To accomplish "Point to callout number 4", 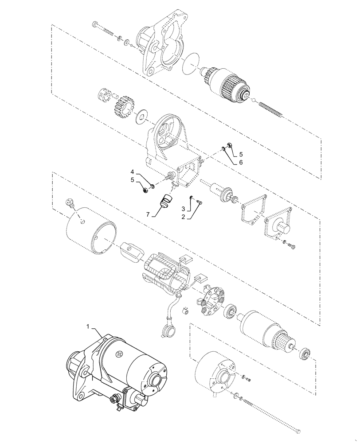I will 132,171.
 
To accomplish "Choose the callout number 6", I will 241,163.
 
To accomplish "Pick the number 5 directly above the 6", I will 241,155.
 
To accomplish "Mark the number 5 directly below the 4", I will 132,180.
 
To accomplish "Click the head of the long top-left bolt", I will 94,23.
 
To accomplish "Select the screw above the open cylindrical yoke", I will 70,203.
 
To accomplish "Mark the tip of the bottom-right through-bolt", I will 300,429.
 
